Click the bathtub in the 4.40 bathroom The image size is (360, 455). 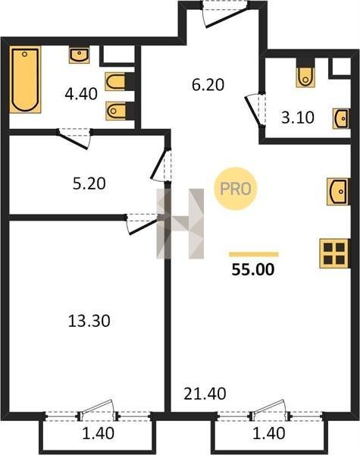pyautogui.click(x=25, y=79)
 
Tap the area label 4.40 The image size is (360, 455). pyautogui.click(x=81, y=94)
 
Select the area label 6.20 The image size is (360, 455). pyautogui.click(x=208, y=85)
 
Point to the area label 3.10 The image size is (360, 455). pyautogui.click(x=298, y=118)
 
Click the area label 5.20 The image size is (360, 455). pyautogui.click(x=89, y=184)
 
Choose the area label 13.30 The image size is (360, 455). pyautogui.click(x=89, y=321)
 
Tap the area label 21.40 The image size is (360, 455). pyautogui.click(x=205, y=394)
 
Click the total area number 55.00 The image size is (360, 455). pyautogui.click(x=253, y=269)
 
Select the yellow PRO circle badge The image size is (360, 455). pyautogui.click(x=235, y=189)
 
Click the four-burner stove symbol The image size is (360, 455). pyautogui.click(x=334, y=253)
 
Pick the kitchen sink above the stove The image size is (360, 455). pyautogui.click(x=337, y=192)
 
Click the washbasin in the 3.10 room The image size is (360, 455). pyautogui.click(x=340, y=118)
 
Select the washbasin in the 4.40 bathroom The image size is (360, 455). pyautogui.click(x=79, y=55)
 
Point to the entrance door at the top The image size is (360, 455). pyautogui.click(x=225, y=14)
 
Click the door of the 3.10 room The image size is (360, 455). pyautogui.click(x=255, y=110)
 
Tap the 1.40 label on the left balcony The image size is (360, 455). pyautogui.click(x=99, y=433)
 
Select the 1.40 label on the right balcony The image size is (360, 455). pyautogui.click(x=269, y=433)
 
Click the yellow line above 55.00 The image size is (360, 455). pyautogui.click(x=254, y=255)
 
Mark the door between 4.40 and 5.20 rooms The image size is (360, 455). pyautogui.click(x=74, y=139)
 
